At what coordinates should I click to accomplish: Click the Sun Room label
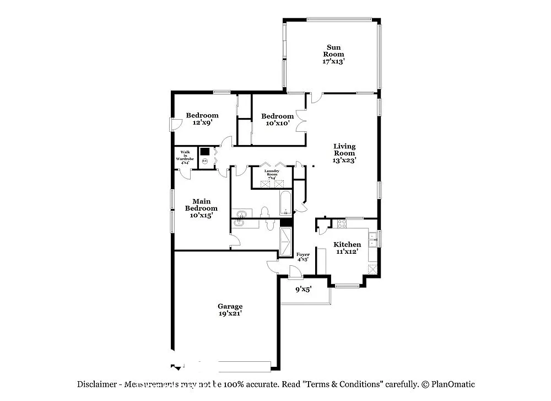point(333,54)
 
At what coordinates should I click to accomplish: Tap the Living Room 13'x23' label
point(344,153)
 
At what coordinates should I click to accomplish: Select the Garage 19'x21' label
point(230,309)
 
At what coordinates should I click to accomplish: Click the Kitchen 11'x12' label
point(348,248)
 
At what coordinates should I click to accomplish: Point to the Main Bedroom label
point(201,208)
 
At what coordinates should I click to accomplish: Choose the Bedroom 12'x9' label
point(202,119)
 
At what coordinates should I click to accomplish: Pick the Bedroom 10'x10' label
point(277,120)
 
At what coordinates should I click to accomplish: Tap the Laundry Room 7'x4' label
point(272,173)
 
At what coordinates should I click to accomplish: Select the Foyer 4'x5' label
point(302,256)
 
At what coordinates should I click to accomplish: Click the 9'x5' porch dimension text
point(304,288)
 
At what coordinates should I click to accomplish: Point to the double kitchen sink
point(372,239)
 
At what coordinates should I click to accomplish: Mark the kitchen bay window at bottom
point(348,286)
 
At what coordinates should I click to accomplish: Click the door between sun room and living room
point(315,98)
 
